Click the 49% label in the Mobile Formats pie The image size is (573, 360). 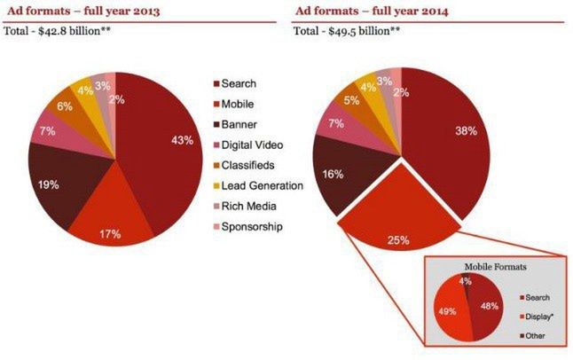(446, 311)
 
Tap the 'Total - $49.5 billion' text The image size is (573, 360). (347, 32)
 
